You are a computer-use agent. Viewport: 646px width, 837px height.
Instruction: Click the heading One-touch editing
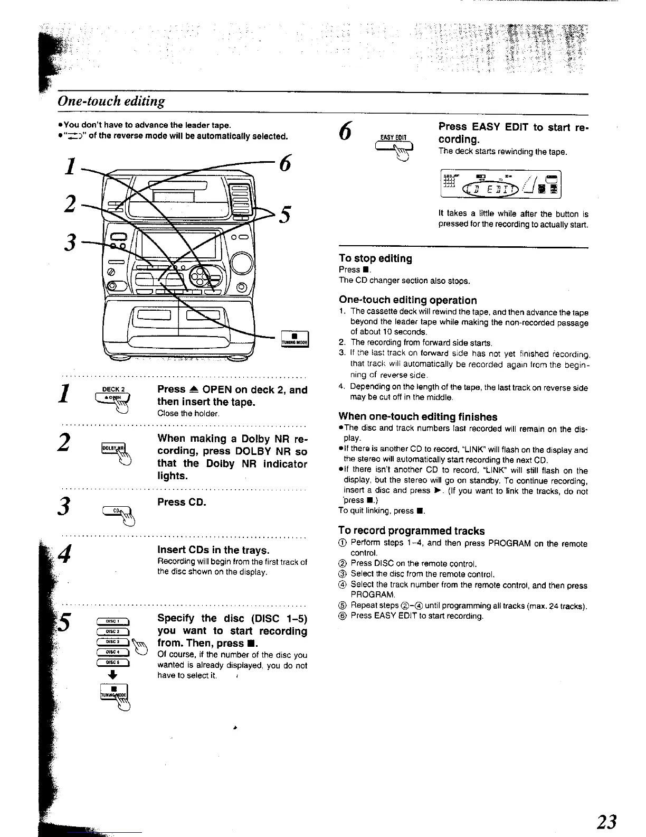click(x=111, y=101)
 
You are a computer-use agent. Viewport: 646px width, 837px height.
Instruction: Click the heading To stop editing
click(x=375, y=258)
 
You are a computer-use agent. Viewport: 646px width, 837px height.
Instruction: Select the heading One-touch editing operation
click(x=407, y=300)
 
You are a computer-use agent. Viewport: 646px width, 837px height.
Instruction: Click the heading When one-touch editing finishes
click(x=417, y=416)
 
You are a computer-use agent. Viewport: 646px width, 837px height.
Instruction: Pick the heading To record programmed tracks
click(x=411, y=531)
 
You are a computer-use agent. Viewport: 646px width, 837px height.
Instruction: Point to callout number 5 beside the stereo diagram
click(x=284, y=215)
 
